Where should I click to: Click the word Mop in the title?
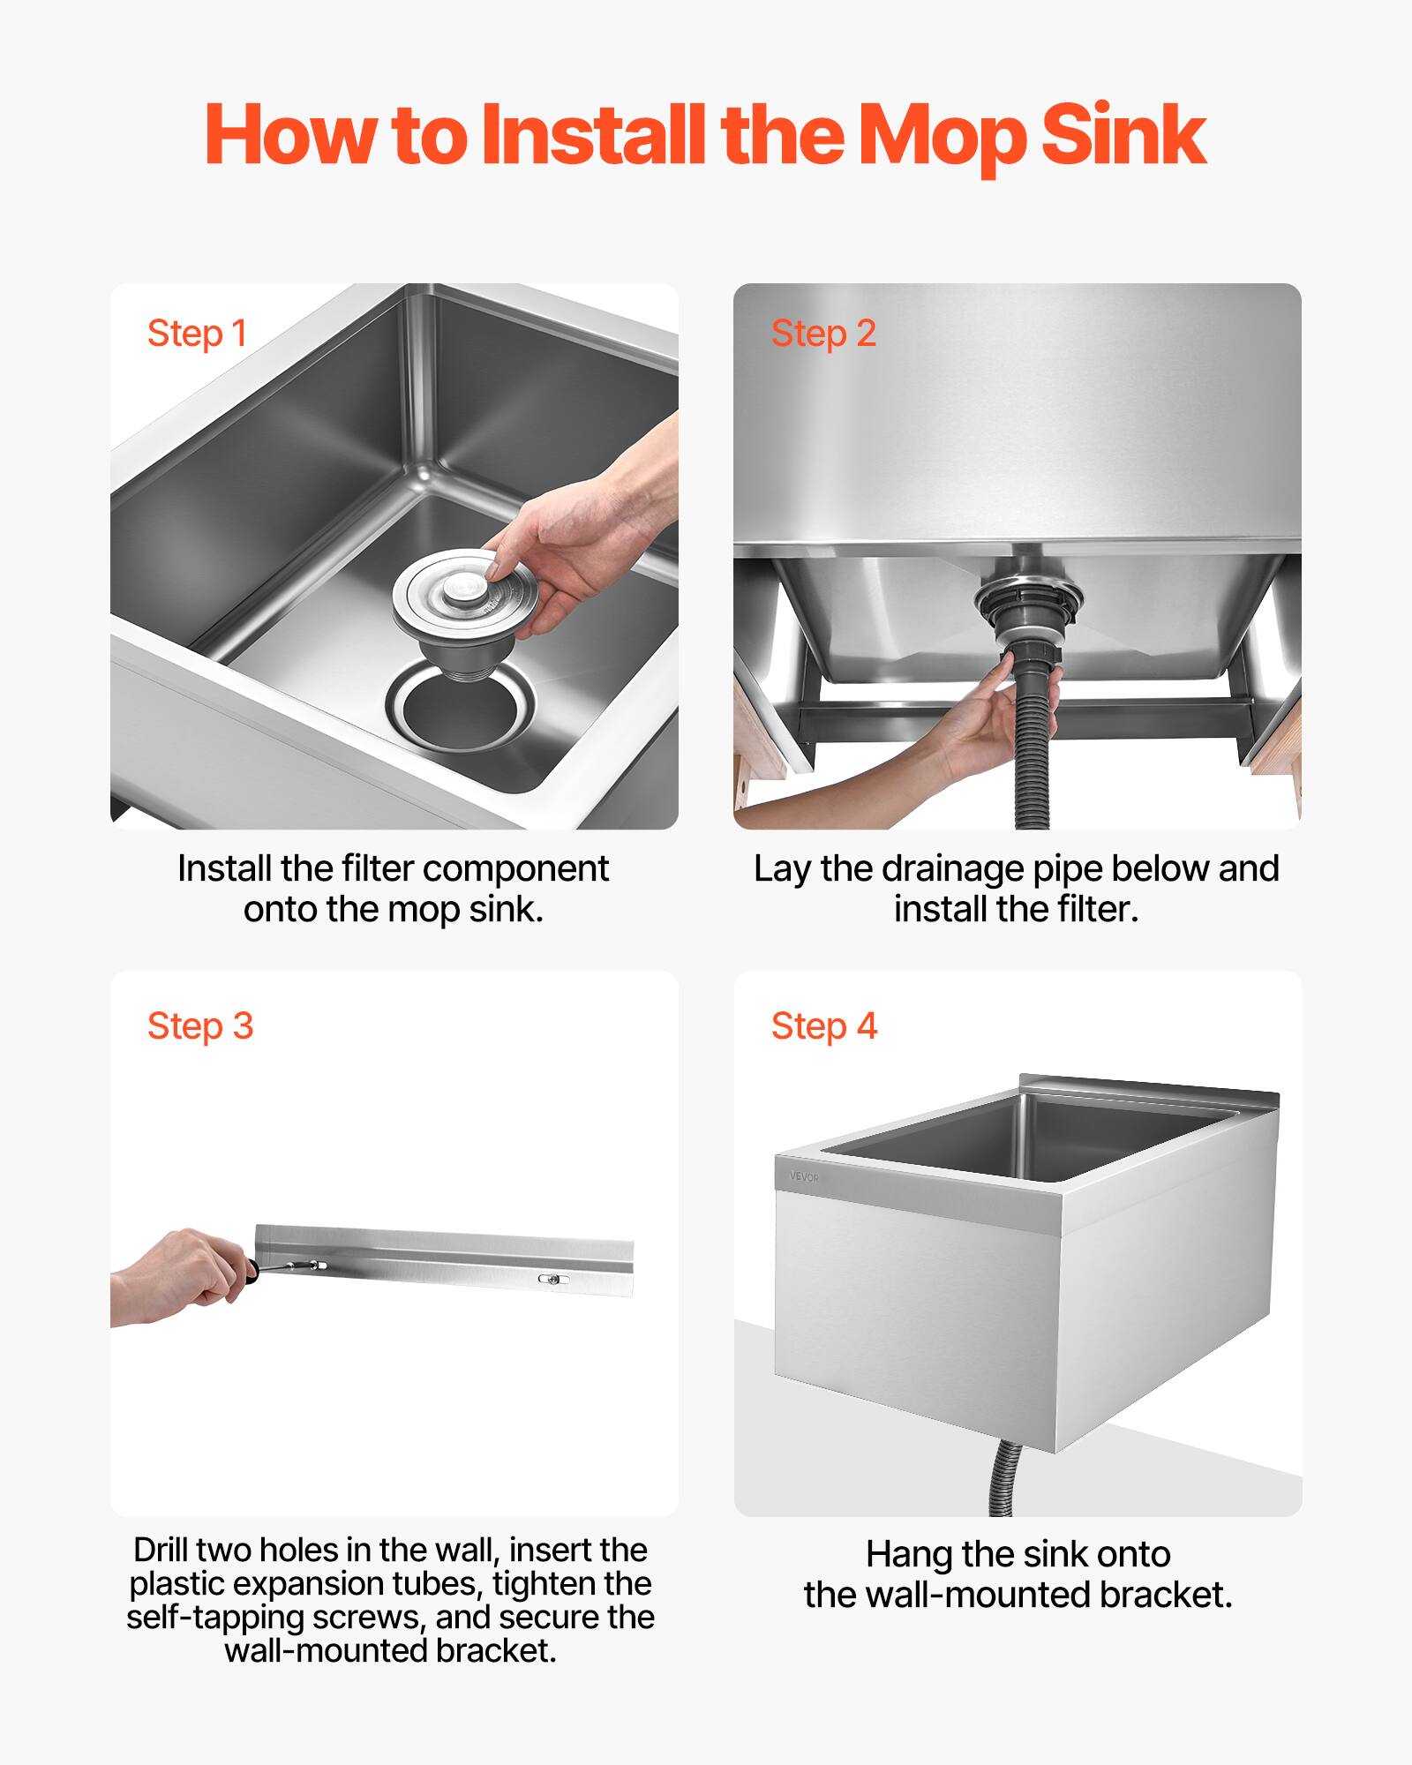point(940,137)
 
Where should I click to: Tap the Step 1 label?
point(197,334)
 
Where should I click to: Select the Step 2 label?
point(822,334)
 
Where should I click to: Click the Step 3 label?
point(200,1026)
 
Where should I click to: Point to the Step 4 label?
point(823,1026)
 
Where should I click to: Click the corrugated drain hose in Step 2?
point(1031,750)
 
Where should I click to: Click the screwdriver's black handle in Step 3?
point(251,1271)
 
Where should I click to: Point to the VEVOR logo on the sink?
point(803,1177)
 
